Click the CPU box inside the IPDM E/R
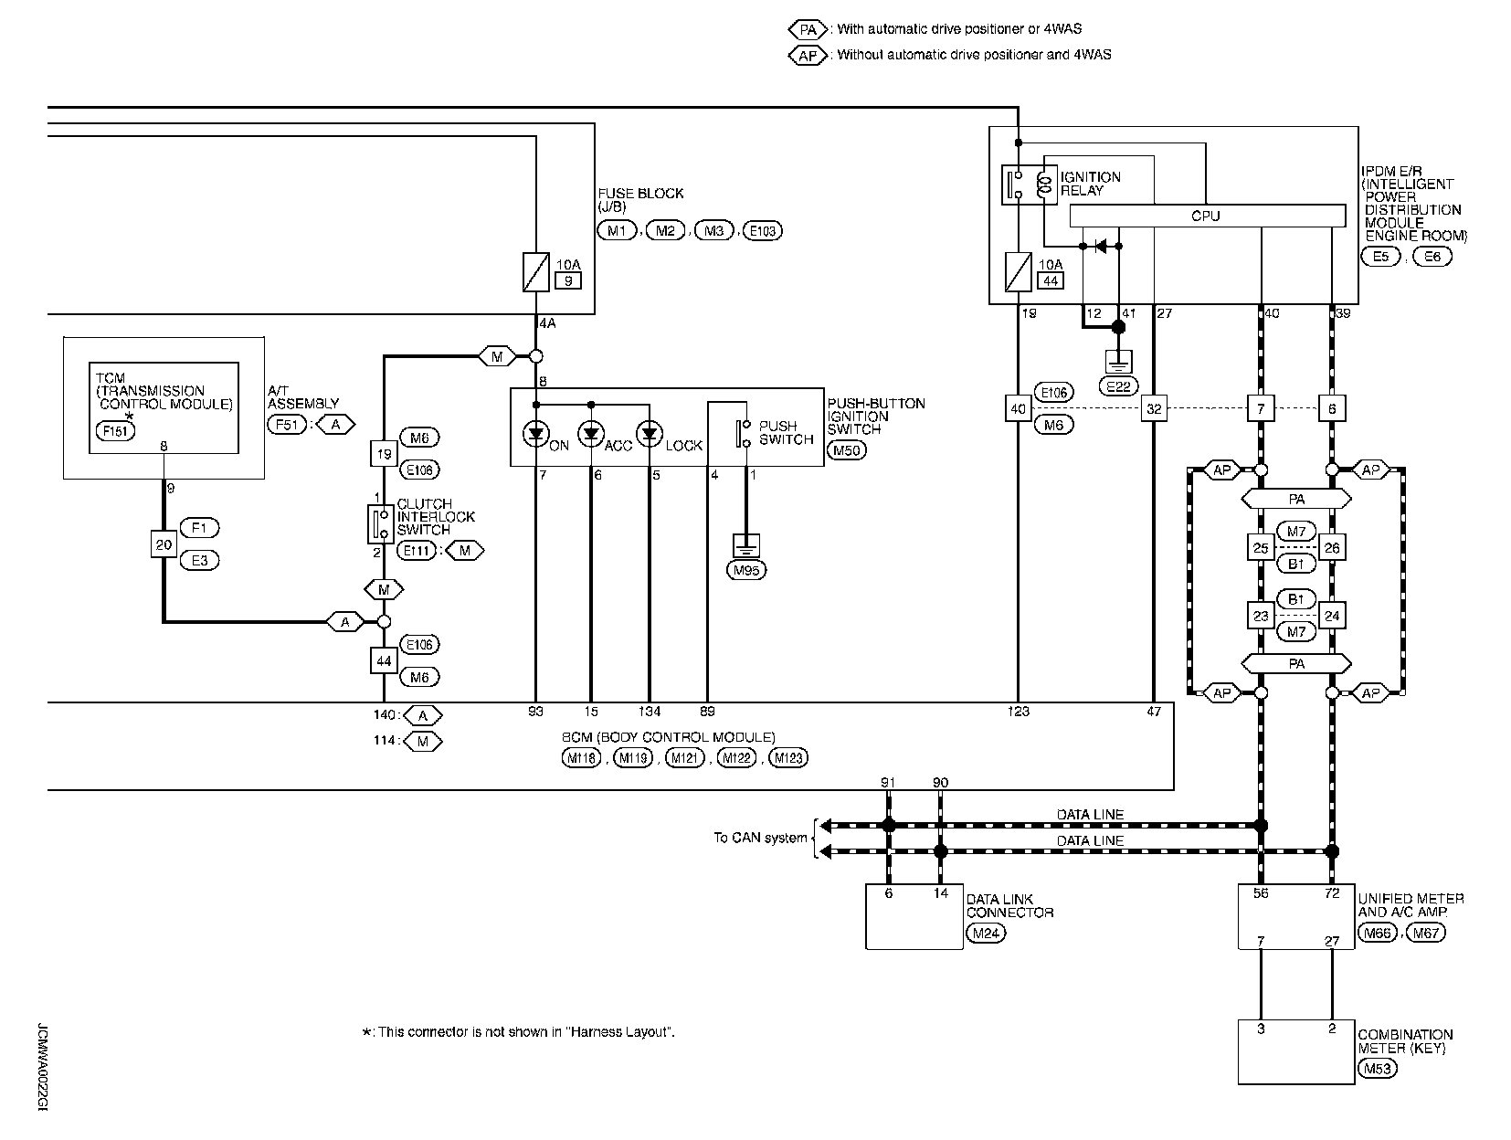tap(1207, 216)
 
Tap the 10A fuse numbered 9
tap(535, 272)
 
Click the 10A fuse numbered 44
tap(1018, 272)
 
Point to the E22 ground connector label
tap(1118, 386)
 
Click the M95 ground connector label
tap(746, 570)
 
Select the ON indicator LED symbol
tap(535, 434)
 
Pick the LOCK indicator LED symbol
tap(650, 434)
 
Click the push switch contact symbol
tap(743, 433)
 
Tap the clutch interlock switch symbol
tap(381, 524)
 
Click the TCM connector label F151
tap(115, 430)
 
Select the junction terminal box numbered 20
tap(164, 544)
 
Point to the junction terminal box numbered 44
tap(384, 661)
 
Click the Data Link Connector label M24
tap(986, 933)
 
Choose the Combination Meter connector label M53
tap(1378, 1069)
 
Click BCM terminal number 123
tap(1018, 712)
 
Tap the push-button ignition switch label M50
tap(847, 450)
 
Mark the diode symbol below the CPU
tap(1101, 246)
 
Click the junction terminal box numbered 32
tap(1154, 408)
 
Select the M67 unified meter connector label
tap(1426, 933)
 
